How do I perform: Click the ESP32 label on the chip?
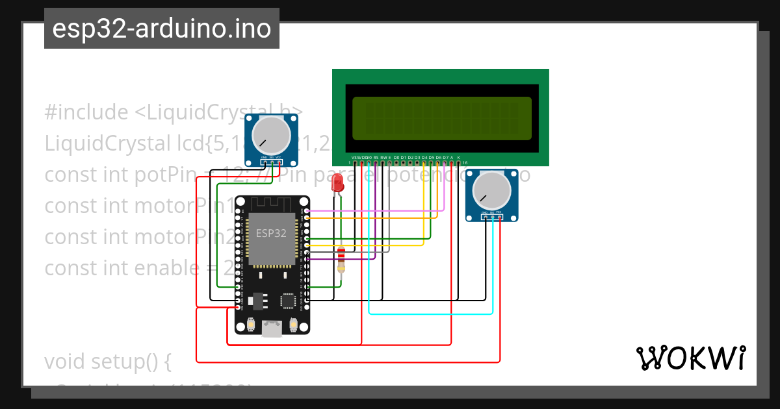pyautogui.click(x=271, y=234)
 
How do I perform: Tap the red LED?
pyautogui.click(x=337, y=182)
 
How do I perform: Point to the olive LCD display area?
pyautogui.click(x=441, y=119)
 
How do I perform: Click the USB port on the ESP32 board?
pyautogui.click(x=272, y=329)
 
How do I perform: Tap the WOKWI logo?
pyautogui.click(x=690, y=358)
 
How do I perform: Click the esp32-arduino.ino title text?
pyautogui.click(x=162, y=29)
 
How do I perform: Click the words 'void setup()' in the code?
pyautogui.click(x=107, y=362)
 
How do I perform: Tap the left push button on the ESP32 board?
pyautogui.click(x=252, y=324)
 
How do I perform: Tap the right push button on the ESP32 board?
pyautogui.click(x=292, y=324)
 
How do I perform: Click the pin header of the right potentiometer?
pyautogui.click(x=492, y=216)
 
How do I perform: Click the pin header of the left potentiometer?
pyautogui.click(x=271, y=161)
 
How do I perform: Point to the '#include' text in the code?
pyautogui.click(x=86, y=112)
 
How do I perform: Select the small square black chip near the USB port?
pyautogui.click(x=288, y=300)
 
